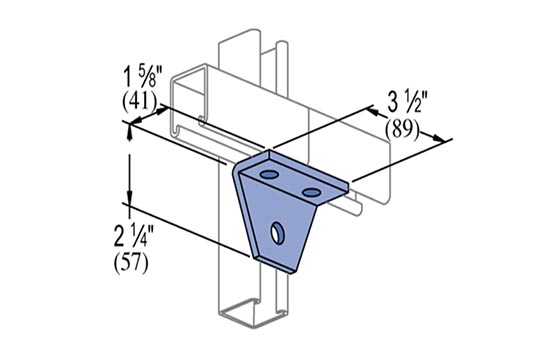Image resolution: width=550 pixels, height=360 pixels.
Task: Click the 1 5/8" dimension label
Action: click(143, 79)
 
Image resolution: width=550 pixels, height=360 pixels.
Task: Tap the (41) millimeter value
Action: click(139, 102)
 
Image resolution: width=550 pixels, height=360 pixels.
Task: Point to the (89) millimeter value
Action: click(402, 131)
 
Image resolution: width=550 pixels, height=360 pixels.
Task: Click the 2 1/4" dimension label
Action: click(134, 235)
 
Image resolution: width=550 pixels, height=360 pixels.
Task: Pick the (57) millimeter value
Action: click(131, 262)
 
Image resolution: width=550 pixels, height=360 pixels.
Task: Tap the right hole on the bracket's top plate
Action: click(311, 192)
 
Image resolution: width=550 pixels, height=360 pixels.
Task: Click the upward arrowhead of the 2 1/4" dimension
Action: click(130, 132)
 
